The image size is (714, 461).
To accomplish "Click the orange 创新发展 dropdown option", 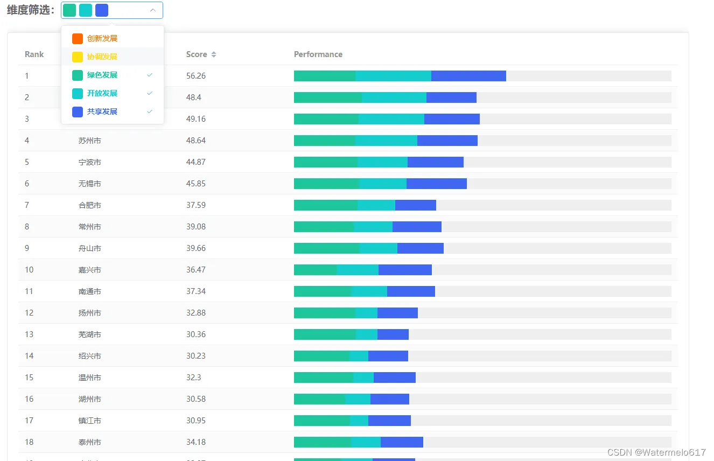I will [x=102, y=38].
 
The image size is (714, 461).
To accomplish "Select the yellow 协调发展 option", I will [x=102, y=57].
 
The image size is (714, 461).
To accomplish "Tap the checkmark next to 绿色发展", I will [x=150, y=75].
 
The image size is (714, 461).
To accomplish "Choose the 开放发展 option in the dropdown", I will [x=102, y=93].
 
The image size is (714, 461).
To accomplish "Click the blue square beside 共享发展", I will [x=78, y=111].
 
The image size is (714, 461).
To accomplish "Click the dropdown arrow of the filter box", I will [x=153, y=10].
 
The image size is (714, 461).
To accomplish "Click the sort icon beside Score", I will [x=214, y=54].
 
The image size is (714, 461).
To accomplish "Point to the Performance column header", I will [x=318, y=54].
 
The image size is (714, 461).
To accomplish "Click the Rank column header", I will [x=34, y=54].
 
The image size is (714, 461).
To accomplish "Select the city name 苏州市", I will [x=90, y=141].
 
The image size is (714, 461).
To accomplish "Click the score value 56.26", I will [x=196, y=76].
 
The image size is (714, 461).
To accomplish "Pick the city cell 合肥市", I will [x=90, y=205].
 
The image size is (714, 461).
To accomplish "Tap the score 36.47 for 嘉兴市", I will [x=196, y=270].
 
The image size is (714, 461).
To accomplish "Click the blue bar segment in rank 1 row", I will [x=468, y=76].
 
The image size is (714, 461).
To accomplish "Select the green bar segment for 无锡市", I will [x=326, y=184].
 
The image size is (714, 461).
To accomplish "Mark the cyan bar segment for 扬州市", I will [x=366, y=313].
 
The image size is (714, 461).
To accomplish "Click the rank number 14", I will [x=29, y=356].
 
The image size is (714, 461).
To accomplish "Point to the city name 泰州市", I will [x=90, y=442].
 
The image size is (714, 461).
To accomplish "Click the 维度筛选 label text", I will [x=31, y=10].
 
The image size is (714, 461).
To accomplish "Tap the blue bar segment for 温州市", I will [x=394, y=378].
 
